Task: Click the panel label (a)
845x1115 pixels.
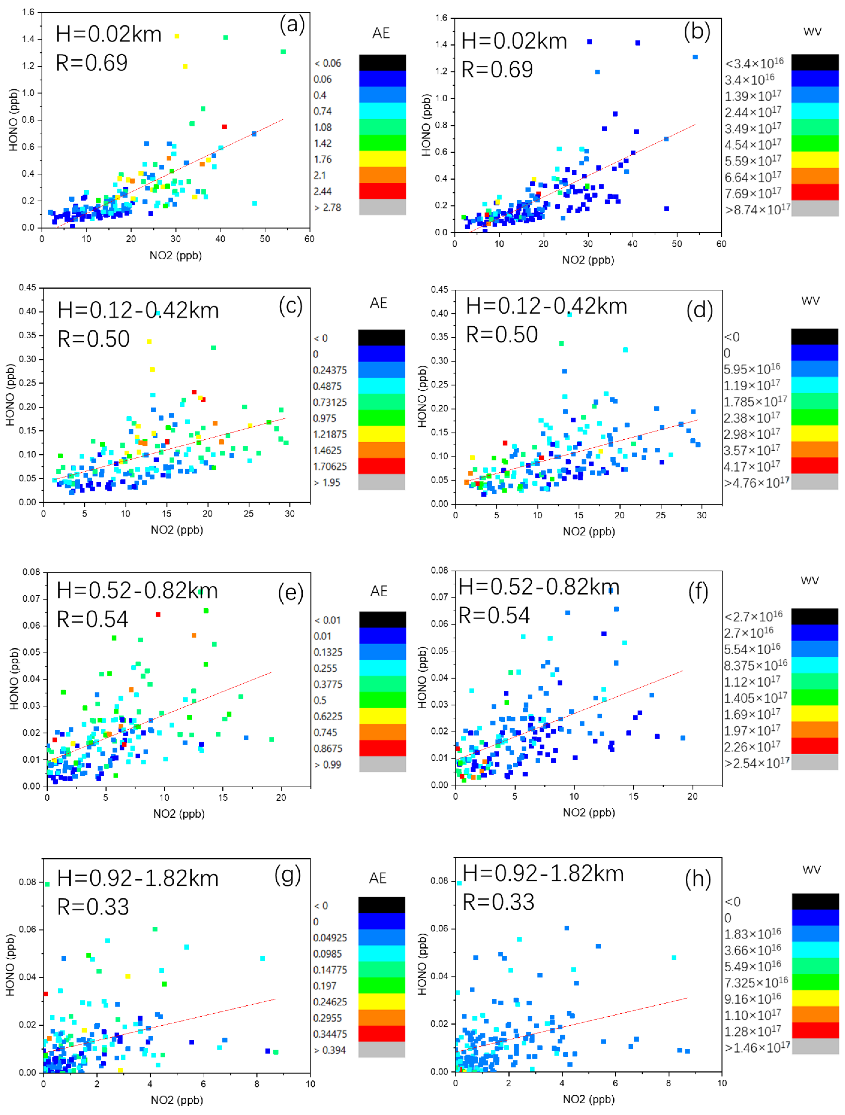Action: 292,24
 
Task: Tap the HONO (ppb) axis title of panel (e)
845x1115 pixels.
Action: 14,678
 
